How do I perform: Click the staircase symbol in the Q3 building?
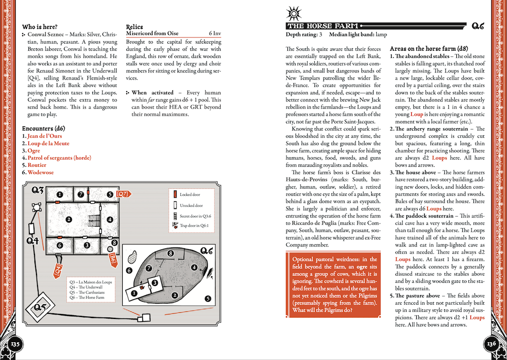point(95,220)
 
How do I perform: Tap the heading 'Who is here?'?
point(40,27)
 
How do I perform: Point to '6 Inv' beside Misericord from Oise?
point(216,34)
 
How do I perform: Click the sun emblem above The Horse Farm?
point(294,12)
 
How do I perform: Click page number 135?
point(16,344)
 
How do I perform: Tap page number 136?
point(491,344)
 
